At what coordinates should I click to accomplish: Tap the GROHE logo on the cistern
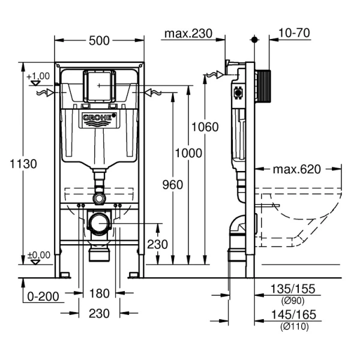pyautogui.click(x=98, y=118)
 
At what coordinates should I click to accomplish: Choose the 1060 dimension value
pyautogui.click(x=205, y=127)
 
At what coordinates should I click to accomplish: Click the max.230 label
pyautogui.click(x=188, y=34)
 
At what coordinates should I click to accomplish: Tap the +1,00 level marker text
pyautogui.click(x=38, y=76)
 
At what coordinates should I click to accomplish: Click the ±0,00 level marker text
pyautogui.click(x=38, y=254)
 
